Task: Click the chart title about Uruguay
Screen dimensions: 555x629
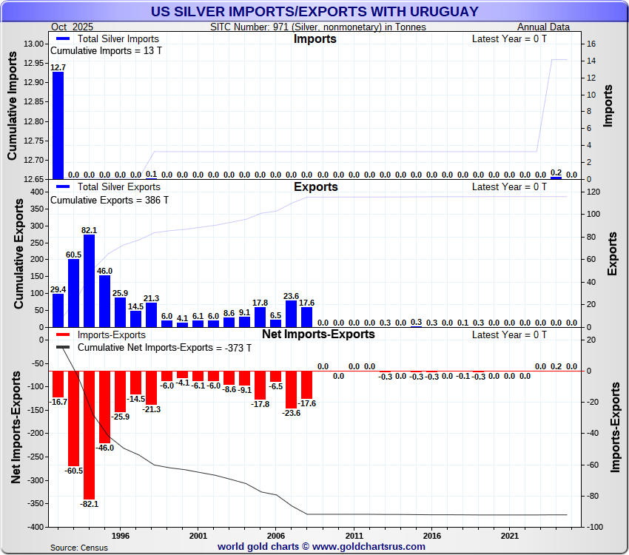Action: coord(314,12)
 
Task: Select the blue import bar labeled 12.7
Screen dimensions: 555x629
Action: coord(58,126)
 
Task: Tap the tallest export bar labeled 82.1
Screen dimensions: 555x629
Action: coord(89,281)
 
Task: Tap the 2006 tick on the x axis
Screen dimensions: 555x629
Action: coord(275,535)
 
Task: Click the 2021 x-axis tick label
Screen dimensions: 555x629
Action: coord(509,535)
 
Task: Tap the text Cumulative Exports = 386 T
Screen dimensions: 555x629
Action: coord(109,199)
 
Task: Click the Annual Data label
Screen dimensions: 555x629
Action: coord(543,27)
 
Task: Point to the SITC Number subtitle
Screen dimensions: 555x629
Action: coord(318,27)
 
